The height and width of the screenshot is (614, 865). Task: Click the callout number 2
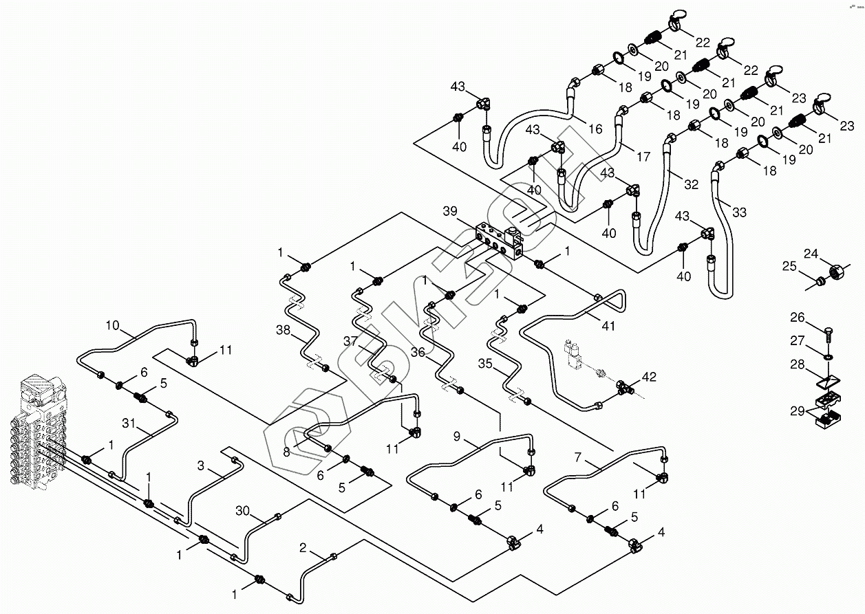[x=303, y=548]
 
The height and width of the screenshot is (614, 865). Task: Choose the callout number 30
[x=242, y=511]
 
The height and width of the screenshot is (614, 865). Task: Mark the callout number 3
[x=201, y=466]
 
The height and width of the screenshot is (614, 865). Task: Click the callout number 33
[x=738, y=212]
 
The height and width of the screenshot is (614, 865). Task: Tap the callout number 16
[x=595, y=129]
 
